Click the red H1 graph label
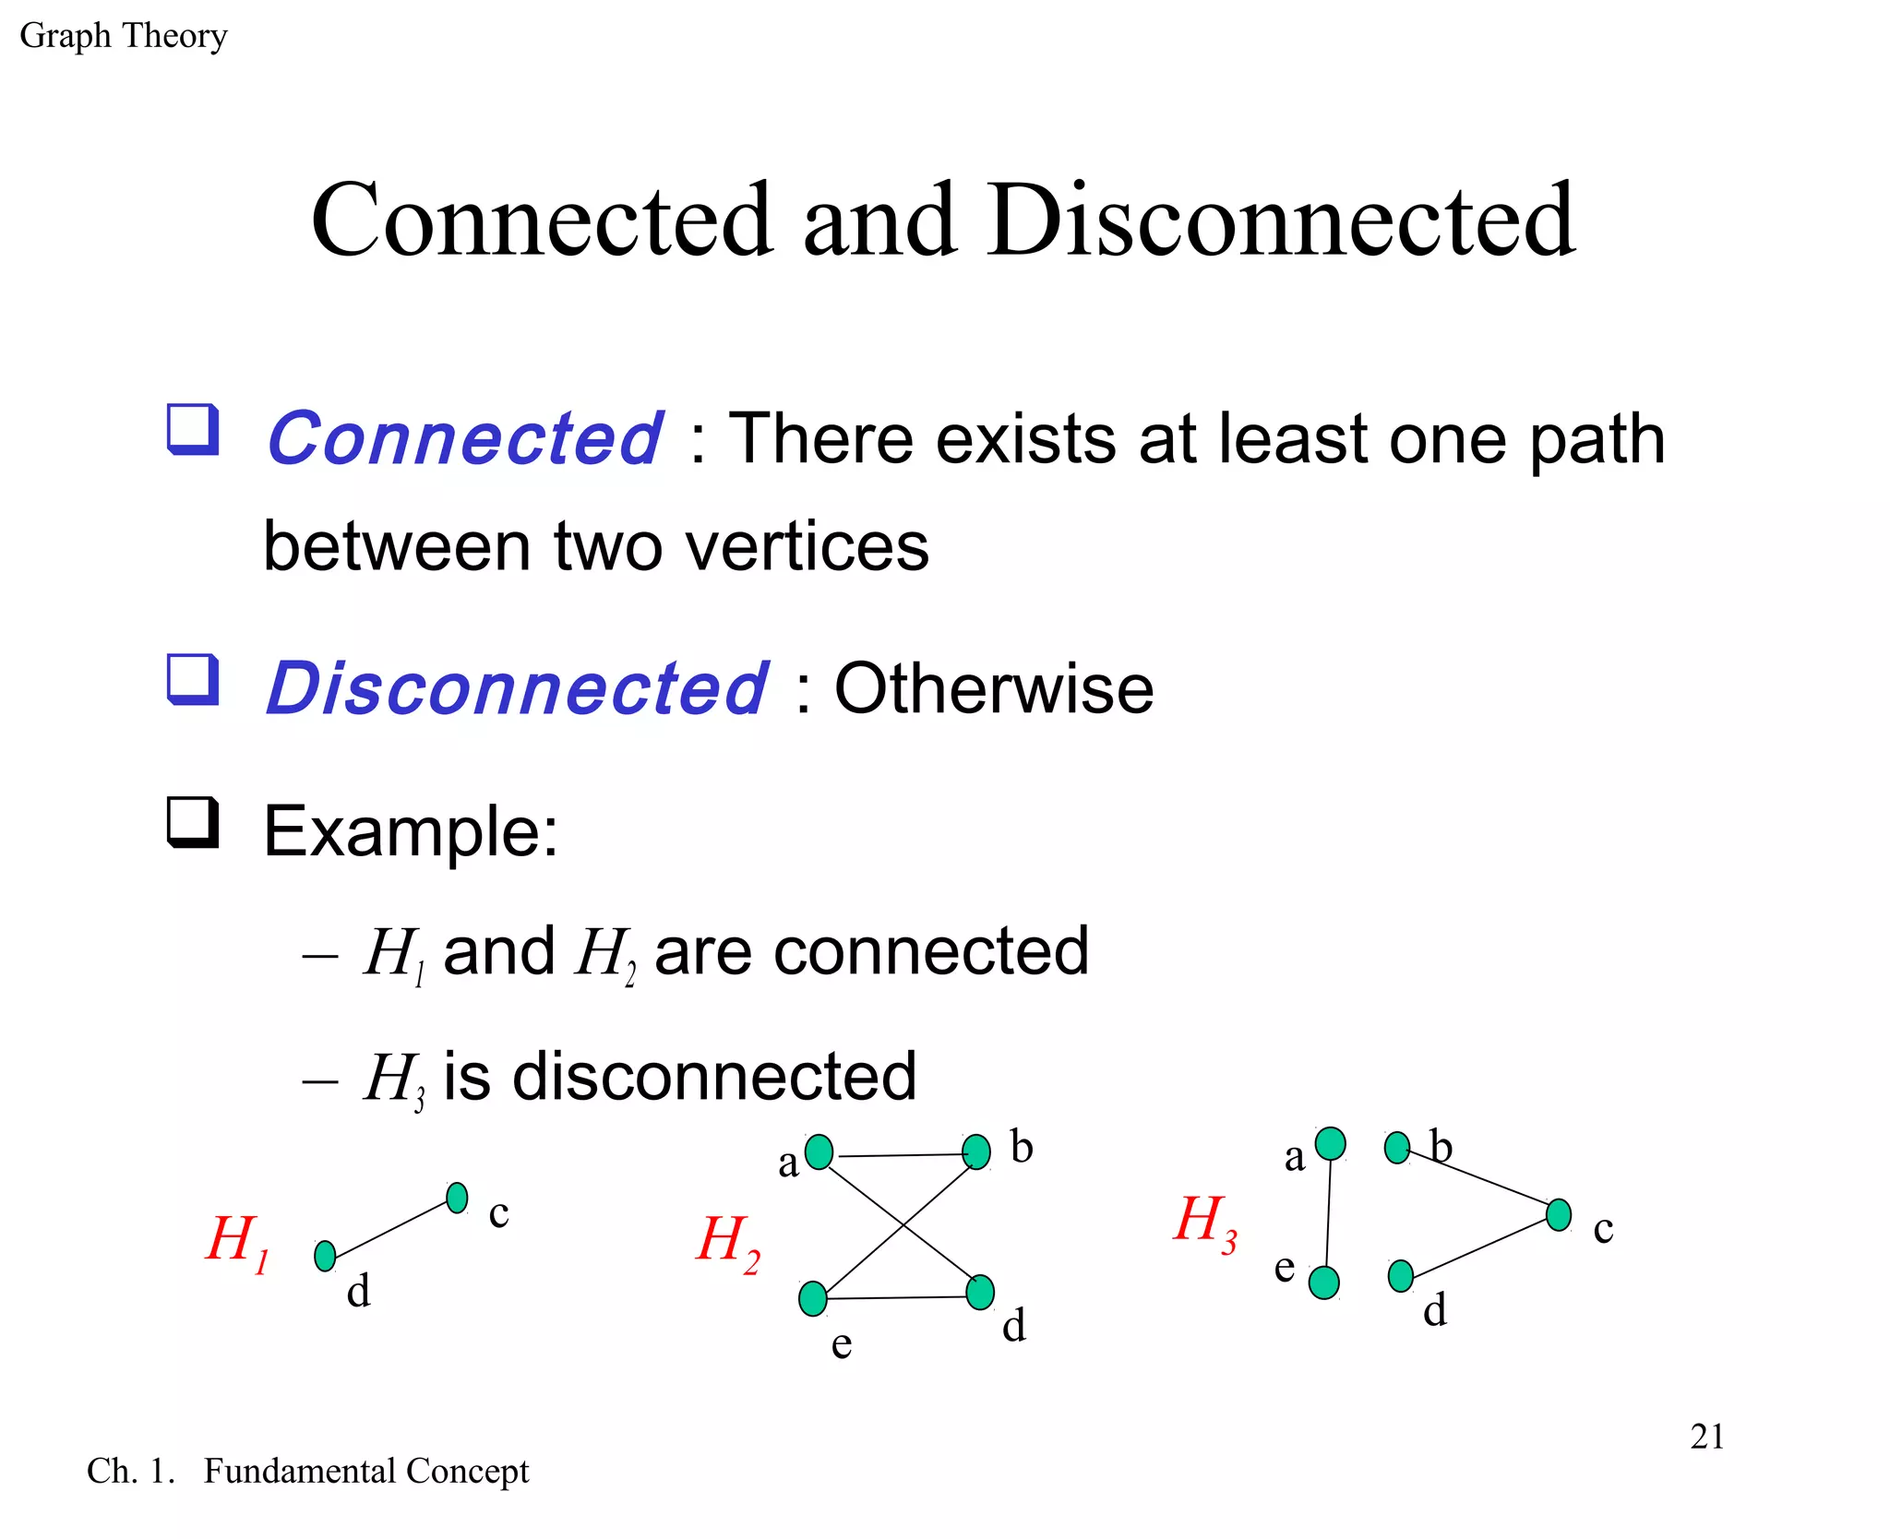[237, 1241]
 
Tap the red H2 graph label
[728, 1242]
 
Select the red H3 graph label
[1205, 1222]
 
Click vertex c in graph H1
[457, 1198]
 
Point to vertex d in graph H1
[325, 1256]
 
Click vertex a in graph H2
[819, 1151]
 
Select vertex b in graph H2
[975, 1151]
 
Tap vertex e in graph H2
[813, 1298]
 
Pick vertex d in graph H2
[980, 1292]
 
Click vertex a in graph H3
[1330, 1144]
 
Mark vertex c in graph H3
[1559, 1214]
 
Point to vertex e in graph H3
[1324, 1282]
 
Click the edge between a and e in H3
[1327, 1213]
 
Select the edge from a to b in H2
[897, 1154]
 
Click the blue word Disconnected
[517, 688]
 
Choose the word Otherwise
[994, 688]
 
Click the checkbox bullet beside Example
[193, 822]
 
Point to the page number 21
[1707, 1437]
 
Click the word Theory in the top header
[174, 36]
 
